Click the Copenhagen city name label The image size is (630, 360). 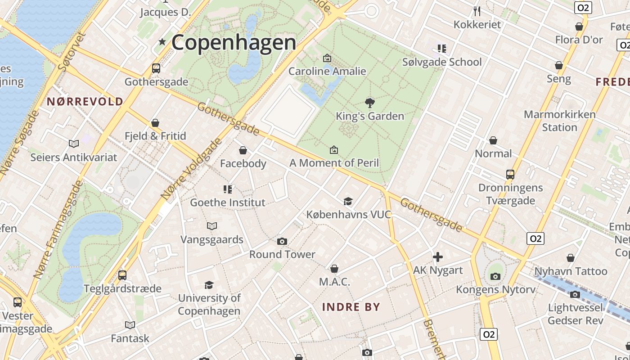click(234, 43)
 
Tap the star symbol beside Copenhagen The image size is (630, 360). click(162, 42)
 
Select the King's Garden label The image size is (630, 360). click(370, 116)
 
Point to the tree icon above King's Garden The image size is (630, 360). click(370, 103)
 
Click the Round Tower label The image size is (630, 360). click(282, 254)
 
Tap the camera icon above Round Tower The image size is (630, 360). click(282, 242)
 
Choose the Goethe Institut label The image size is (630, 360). click(228, 202)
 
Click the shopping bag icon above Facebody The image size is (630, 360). click(243, 150)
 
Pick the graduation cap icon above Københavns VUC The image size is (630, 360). click(348, 201)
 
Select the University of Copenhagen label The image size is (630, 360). click(209, 304)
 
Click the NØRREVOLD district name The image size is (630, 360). click(85, 102)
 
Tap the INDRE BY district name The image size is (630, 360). click(351, 307)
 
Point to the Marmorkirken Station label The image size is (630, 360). click(559, 121)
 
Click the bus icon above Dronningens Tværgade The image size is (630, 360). click(510, 175)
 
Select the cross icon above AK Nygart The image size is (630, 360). click(437, 257)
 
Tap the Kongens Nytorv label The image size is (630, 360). click(496, 289)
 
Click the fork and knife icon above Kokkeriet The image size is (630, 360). click(477, 11)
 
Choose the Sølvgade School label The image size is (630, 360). click(442, 62)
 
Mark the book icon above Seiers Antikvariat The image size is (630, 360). click(74, 144)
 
